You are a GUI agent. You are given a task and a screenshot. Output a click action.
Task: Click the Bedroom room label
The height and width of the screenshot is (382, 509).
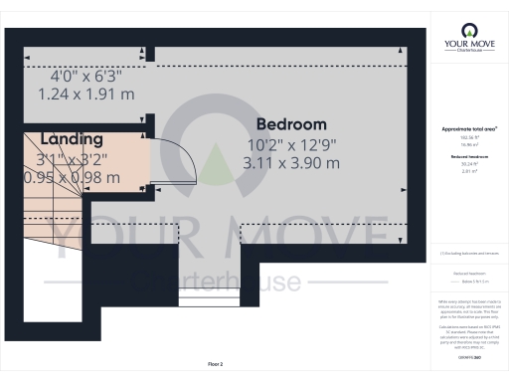[x=290, y=124]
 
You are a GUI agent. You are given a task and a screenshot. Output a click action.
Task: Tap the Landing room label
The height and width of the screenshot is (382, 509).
[x=72, y=139]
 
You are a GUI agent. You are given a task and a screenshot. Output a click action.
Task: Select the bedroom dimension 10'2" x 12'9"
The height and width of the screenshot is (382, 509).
[x=290, y=144]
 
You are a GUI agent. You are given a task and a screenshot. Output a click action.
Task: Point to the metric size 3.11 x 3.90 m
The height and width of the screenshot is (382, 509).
[x=290, y=163]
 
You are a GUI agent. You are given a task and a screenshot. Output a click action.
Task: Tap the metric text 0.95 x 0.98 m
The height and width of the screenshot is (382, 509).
[x=72, y=177]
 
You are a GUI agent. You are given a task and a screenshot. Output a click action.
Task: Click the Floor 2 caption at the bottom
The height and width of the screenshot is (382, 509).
[x=216, y=364]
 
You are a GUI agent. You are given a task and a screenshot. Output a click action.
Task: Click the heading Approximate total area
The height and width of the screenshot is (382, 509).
[x=468, y=129]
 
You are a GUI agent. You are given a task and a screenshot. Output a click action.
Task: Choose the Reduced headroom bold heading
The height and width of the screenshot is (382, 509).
[x=468, y=158]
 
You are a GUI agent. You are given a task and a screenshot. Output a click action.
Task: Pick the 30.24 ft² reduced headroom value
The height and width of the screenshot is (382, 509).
[x=468, y=165]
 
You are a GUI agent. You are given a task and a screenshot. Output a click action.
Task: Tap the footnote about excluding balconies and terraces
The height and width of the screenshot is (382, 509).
[x=468, y=255]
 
